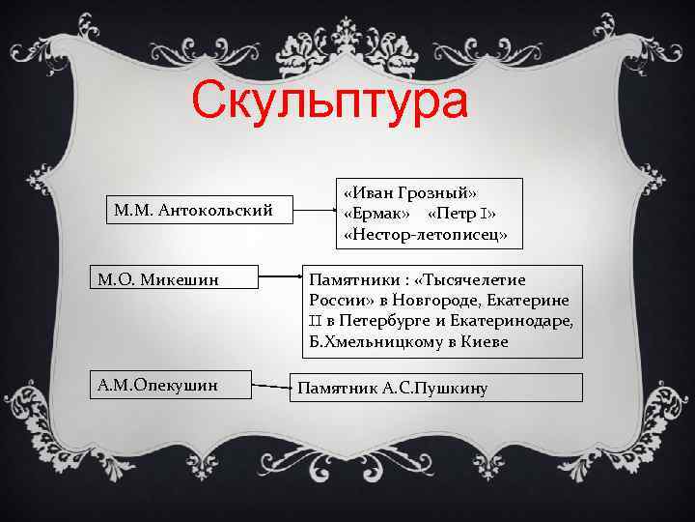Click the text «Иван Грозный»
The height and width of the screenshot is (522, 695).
(x=410, y=192)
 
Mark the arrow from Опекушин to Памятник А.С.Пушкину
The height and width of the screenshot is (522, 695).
(x=270, y=388)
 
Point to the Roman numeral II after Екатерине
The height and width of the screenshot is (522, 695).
(x=315, y=320)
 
